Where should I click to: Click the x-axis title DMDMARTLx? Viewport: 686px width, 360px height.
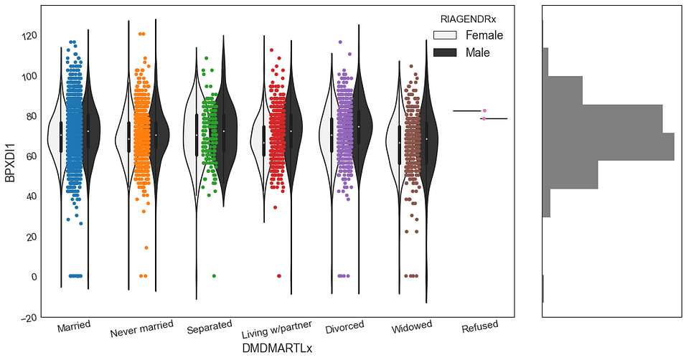[x=278, y=347]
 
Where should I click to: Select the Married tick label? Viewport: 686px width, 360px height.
[x=73, y=326]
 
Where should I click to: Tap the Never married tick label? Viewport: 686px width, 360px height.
[x=142, y=329]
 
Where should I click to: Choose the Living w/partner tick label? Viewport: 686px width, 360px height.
[x=276, y=329]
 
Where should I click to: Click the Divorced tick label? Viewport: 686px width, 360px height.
[x=344, y=326]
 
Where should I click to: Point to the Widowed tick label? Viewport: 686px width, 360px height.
[x=412, y=327]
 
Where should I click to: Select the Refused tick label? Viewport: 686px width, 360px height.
[x=479, y=326]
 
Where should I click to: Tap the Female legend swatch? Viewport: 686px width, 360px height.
[x=445, y=35]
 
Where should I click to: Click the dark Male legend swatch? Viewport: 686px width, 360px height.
[x=445, y=52]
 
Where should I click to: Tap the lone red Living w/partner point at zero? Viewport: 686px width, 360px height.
[x=279, y=276]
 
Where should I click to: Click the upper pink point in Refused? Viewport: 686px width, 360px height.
[x=484, y=111]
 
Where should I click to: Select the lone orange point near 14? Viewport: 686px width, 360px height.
[x=146, y=248]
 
